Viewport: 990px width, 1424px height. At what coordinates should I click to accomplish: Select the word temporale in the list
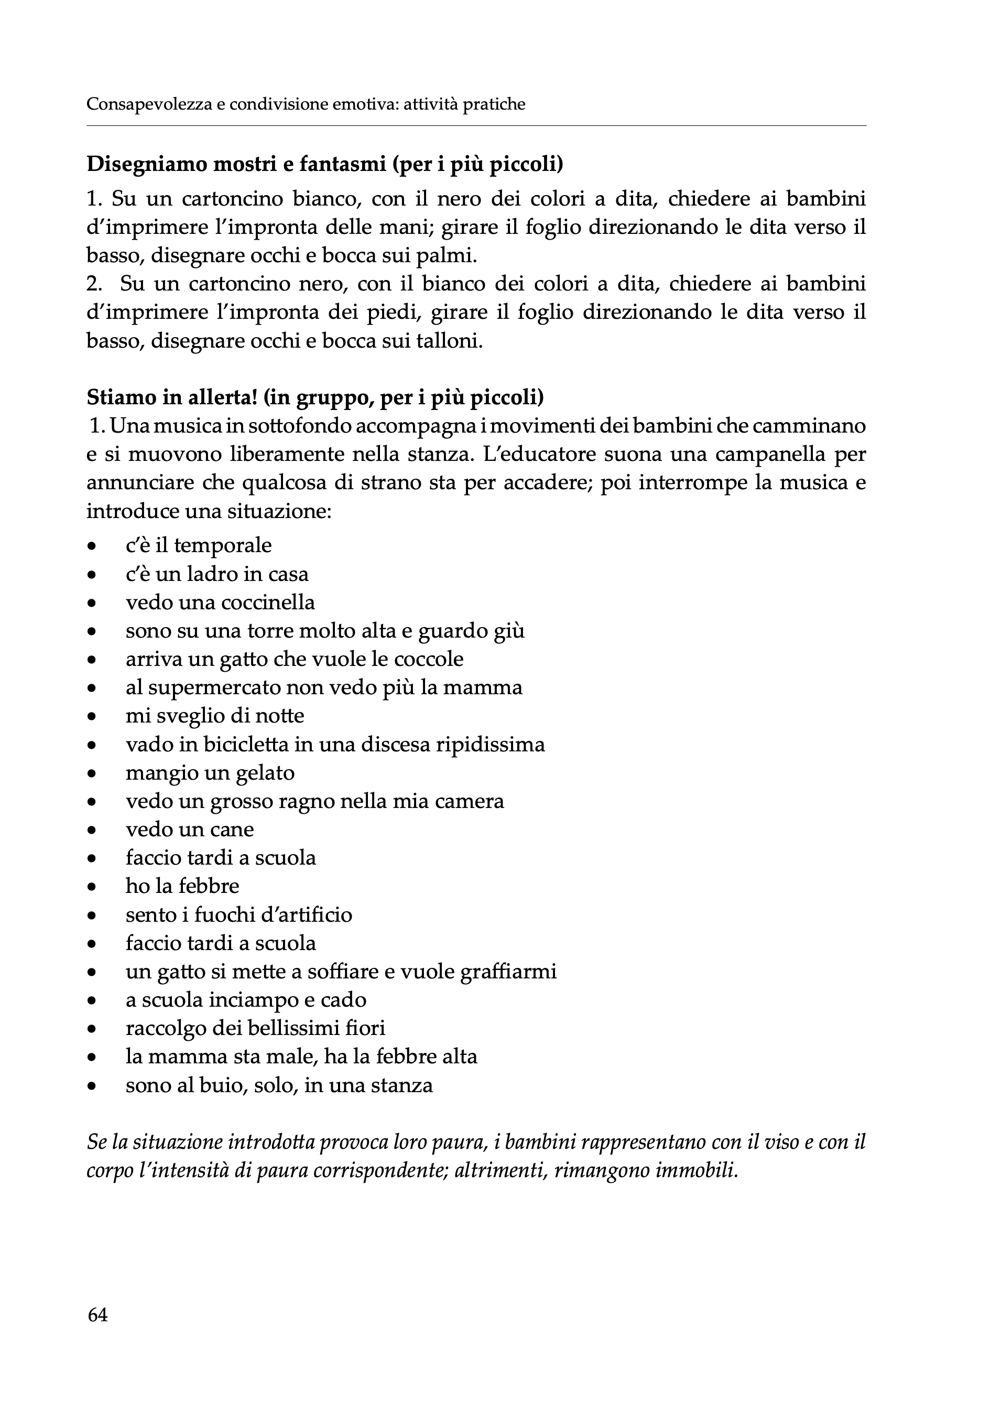click(x=223, y=546)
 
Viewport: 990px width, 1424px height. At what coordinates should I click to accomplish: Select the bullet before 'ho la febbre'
click(x=92, y=888)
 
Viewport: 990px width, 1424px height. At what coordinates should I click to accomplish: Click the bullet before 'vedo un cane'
click(x=92, y=830)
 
